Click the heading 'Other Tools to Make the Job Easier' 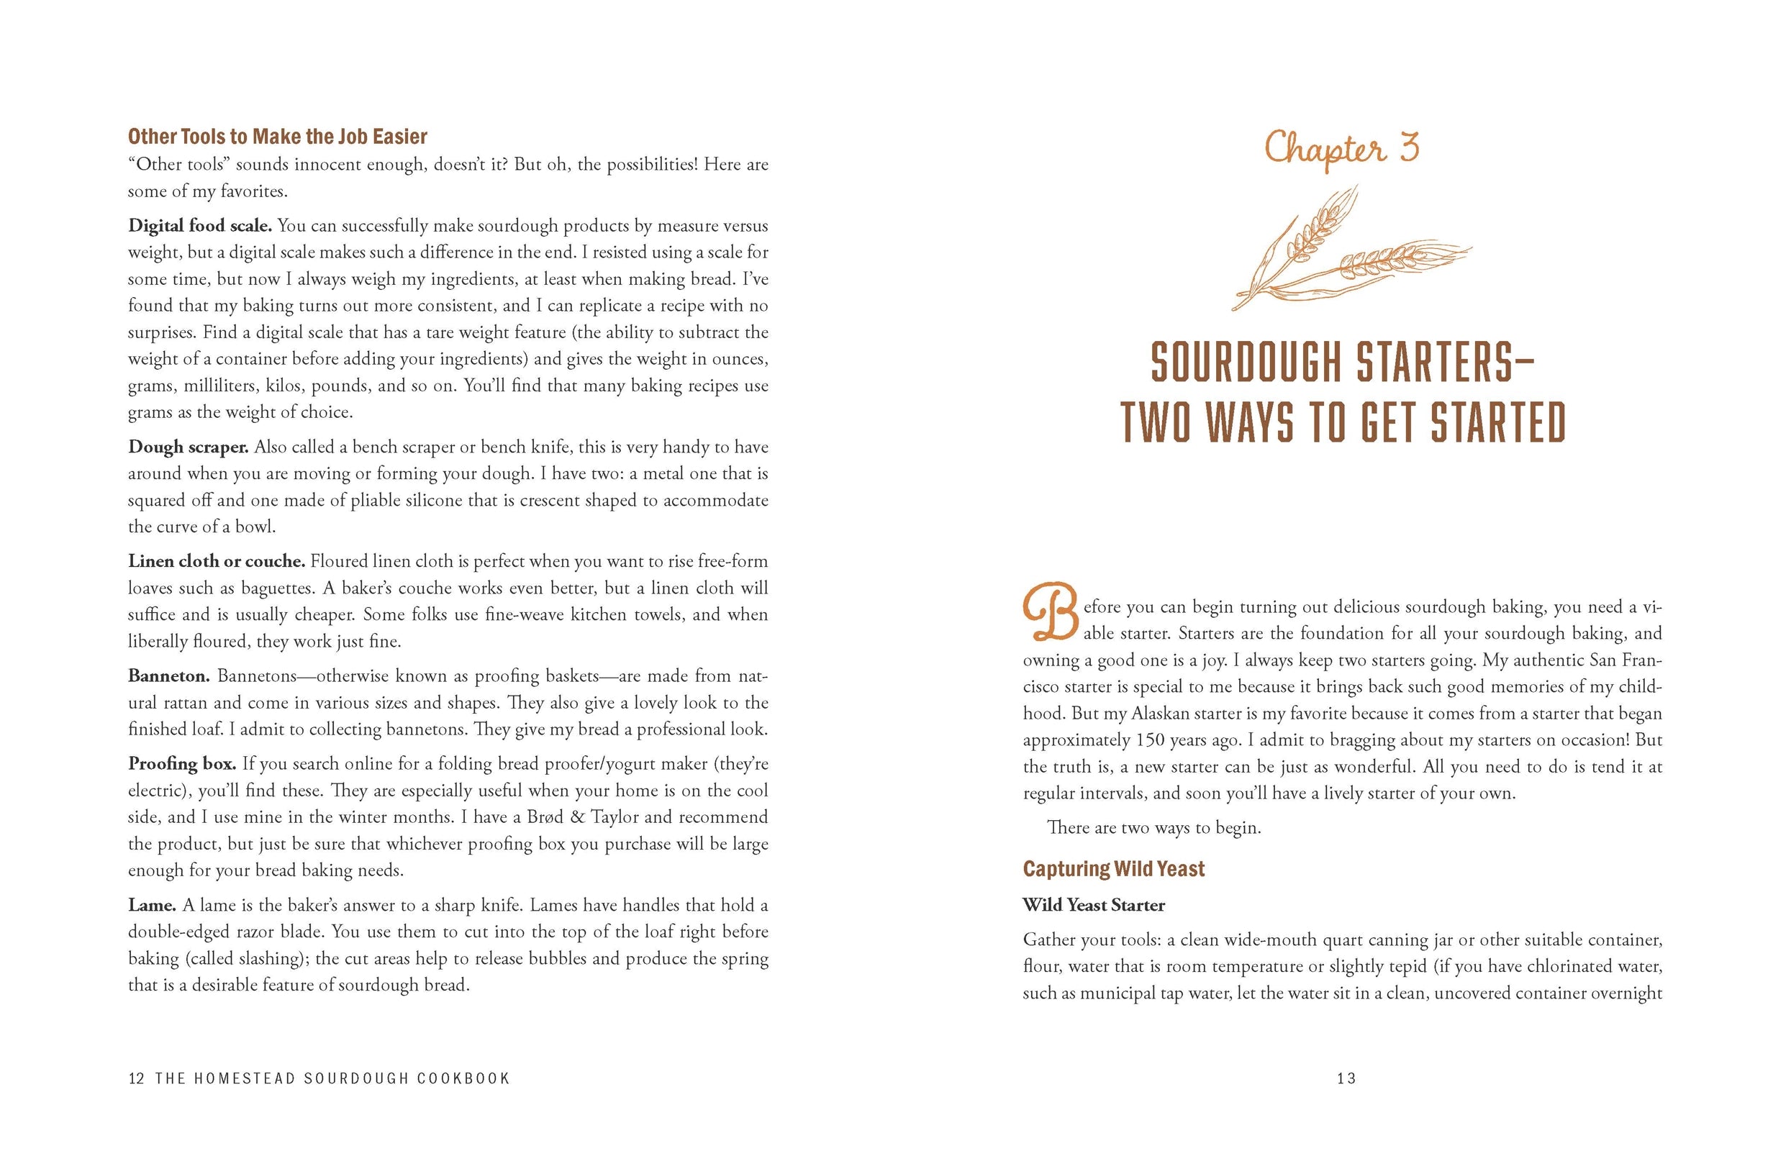point(277,137)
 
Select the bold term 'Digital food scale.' point(199,226)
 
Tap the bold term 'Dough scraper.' point(188,447)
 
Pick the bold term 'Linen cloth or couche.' point(216,561)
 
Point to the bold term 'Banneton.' point(169,676)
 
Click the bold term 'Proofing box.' point(181,764)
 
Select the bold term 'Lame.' point(152,906)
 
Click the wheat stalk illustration point(1346,250)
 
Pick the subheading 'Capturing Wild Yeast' point(1114,869)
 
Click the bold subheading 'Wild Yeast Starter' point(1094,906)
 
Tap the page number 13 point(1346,1078)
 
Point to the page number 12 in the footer point(136,1078)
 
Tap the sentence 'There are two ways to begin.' point(1154,828)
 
